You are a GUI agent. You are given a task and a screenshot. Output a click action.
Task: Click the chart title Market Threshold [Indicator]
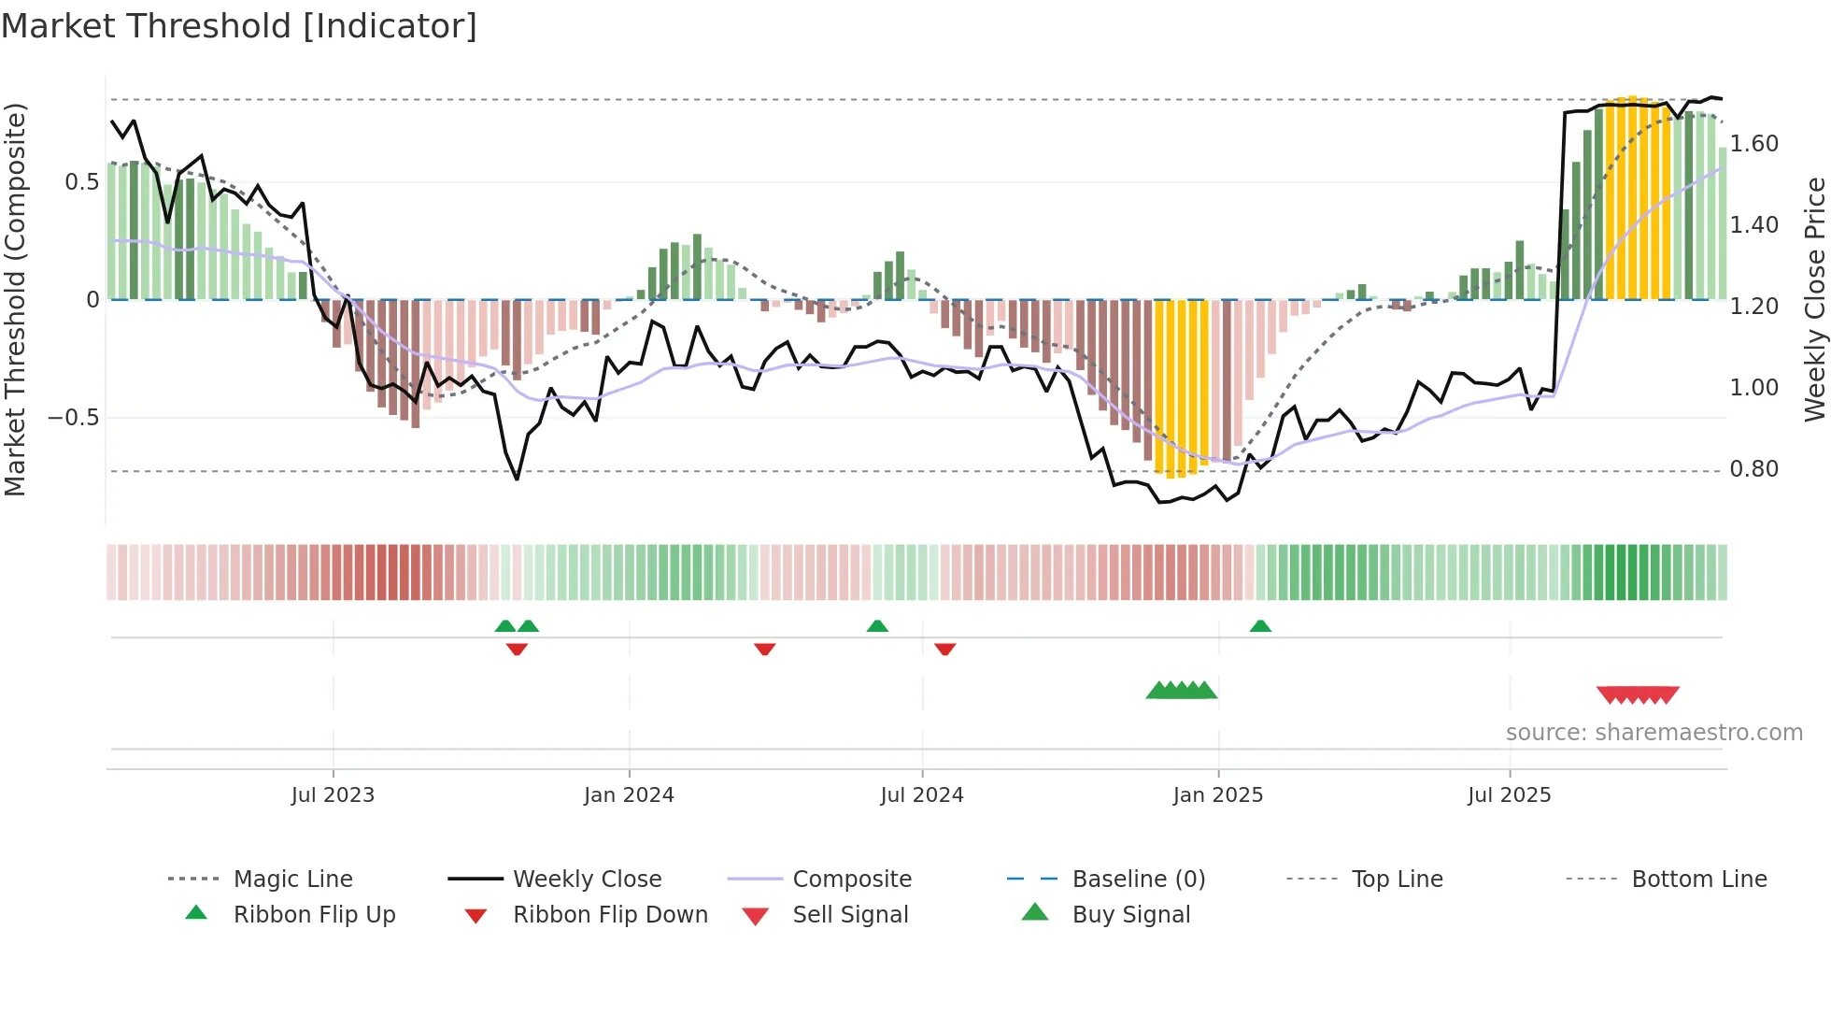pos(239,26)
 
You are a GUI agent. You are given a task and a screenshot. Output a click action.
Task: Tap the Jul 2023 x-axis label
pos(333,795)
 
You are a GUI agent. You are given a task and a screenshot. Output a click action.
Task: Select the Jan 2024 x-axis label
pos(629,795)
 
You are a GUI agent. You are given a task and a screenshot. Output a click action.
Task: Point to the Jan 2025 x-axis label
pos(1217,795)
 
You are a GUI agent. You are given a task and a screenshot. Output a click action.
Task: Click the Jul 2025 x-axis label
pos(1509,795)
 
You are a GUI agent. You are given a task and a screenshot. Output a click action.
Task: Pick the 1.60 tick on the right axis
pos(1753,144)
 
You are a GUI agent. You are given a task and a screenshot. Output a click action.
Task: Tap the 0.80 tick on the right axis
pos(1753,469)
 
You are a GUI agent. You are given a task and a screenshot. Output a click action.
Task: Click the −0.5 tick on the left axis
pos(74,418)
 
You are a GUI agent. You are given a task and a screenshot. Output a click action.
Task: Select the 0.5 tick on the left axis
pos(81,182)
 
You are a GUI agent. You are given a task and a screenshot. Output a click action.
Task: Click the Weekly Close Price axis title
pos(1814,299)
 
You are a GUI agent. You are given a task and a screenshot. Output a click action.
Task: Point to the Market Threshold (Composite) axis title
pos(15,299)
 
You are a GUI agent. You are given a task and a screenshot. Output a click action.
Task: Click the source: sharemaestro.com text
pos(1654,733)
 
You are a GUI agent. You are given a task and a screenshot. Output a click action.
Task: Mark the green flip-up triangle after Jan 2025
pos(1260,626)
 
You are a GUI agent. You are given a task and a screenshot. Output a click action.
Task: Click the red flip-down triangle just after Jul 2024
pos(944,649)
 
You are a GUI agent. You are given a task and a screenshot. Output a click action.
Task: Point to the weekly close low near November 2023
pos(517,479)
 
